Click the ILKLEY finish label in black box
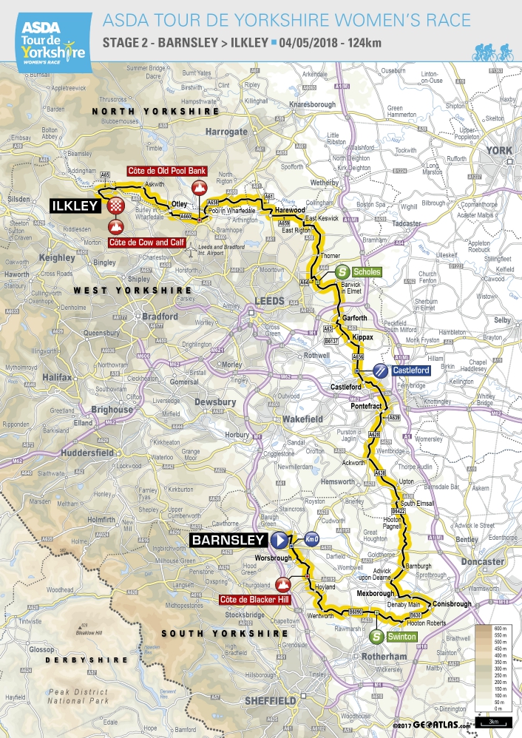[x=74, y=205]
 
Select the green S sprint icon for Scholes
[x=342, y=272]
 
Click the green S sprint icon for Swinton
[x=376, y=634]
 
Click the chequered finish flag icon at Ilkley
[x=115, y=205]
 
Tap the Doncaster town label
[x=484, y=561]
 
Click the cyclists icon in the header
[x=492, y=52]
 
